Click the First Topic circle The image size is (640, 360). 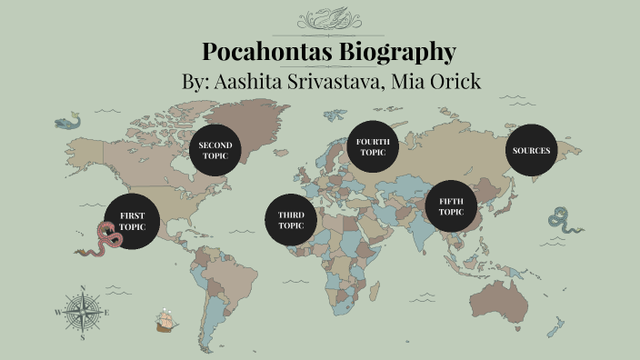pyautogui.click(x=132, y=221)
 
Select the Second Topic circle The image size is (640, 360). pyautogui.click(x=216, y=150)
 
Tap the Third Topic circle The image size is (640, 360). pyautogui.click(x=291, y=220)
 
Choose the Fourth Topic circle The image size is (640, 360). pyautogui.click(x=373, y=147)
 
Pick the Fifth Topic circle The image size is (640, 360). pyautogui.click(x=452, y=205)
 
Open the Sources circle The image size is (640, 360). pyautogui.click(x=531, y=150)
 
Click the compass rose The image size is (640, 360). pyautogui.click(x=84, y=313)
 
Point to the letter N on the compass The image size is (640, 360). pyautogui.click(x=84, y=290)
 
